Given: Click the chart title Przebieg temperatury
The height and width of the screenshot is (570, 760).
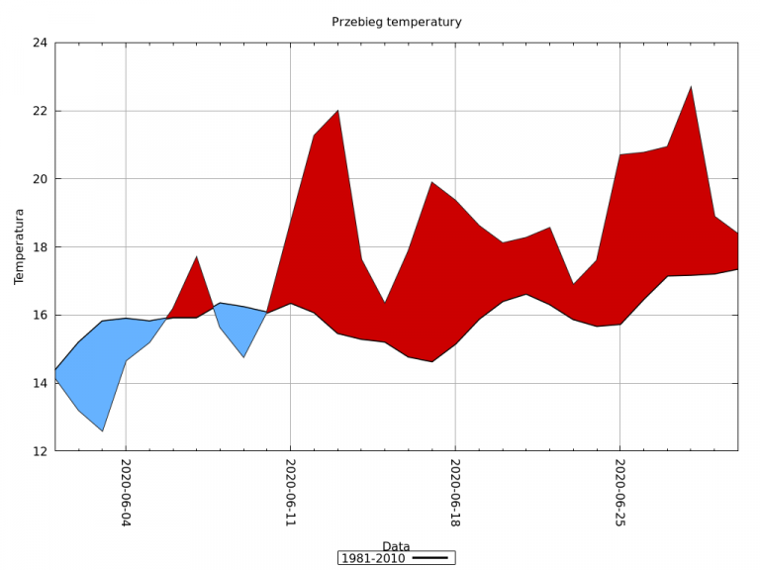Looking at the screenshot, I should pos(396,22).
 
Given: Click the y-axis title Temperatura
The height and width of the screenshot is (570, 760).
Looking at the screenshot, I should pos(19,246).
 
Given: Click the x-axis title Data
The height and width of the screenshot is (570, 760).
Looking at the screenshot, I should pos(396,546).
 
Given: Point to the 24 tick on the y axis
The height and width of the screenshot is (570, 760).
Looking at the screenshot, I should pos(40,44).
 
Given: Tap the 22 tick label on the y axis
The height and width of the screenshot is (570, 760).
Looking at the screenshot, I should pos(40,111).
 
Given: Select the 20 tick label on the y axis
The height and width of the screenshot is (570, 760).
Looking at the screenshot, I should pos(40,179).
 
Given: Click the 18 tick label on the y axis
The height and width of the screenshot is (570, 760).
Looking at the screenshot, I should pos(40,247).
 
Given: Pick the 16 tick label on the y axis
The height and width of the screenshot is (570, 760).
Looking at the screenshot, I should pos(40,316).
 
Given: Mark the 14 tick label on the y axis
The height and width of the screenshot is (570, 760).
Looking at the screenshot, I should pos(40,383).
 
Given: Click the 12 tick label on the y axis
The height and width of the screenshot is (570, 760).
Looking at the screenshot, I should pos(40,451).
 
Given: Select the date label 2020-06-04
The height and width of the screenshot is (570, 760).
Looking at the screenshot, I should pos(126,492).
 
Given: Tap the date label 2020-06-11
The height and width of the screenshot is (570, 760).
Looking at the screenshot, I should pos(290,492).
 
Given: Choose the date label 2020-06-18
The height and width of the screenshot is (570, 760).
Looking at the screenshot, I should pos(454,492).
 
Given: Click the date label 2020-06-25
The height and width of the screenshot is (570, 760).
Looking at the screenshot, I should pos(619,492).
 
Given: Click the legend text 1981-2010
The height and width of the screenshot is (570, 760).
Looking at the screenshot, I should pos(374,559).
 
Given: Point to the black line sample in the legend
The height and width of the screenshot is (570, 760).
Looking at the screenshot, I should pos(430,559).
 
